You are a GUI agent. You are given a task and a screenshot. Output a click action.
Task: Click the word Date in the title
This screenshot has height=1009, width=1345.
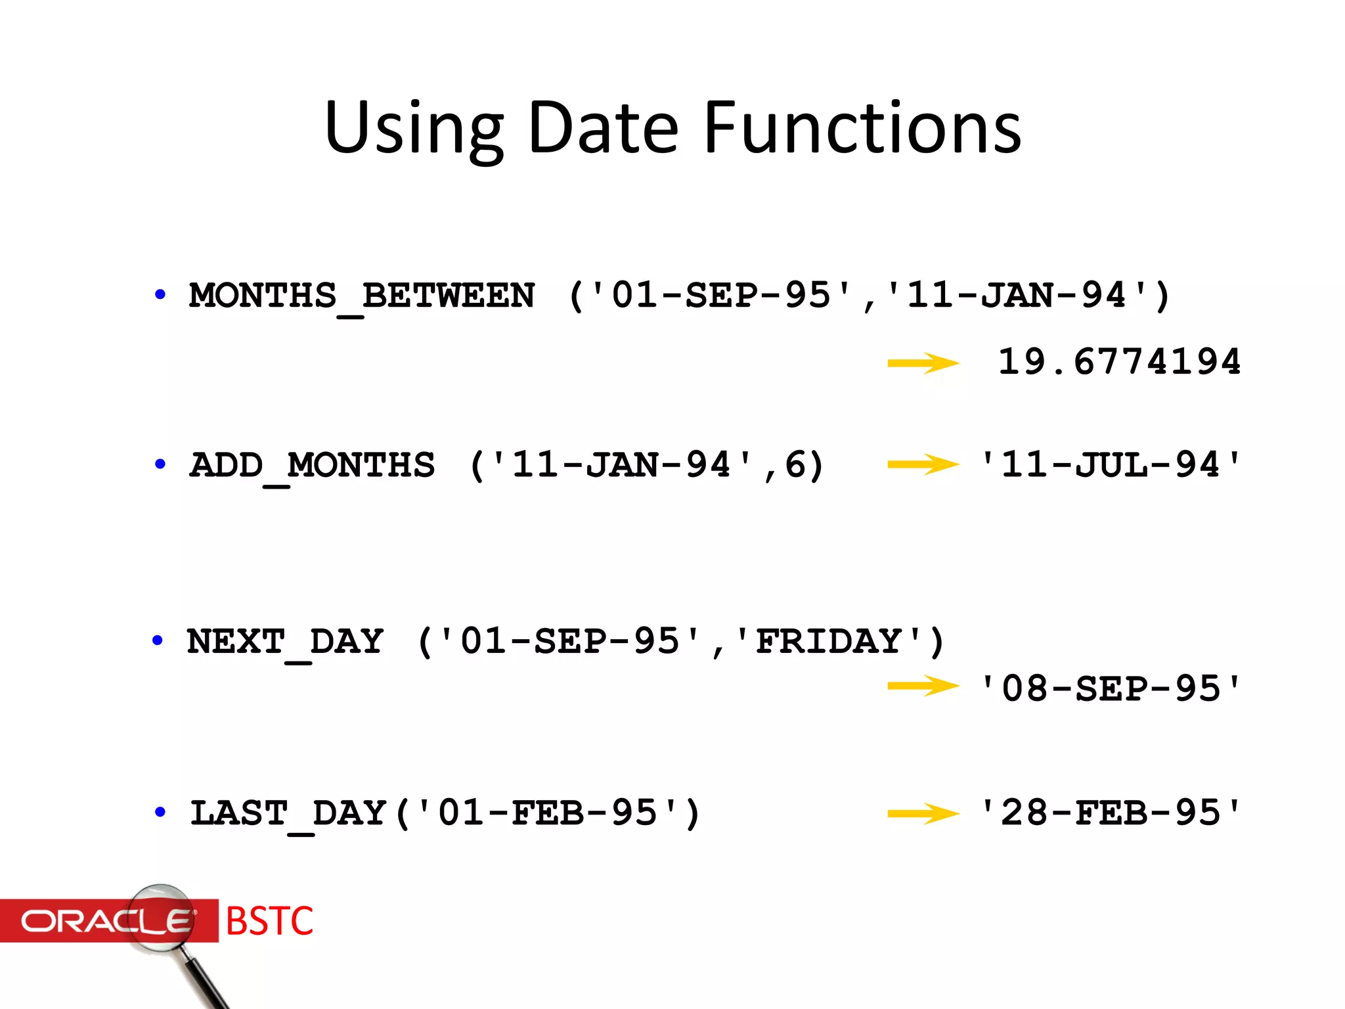click(602, 128)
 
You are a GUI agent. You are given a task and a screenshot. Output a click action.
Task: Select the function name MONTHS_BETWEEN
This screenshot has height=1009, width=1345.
click(362, 296)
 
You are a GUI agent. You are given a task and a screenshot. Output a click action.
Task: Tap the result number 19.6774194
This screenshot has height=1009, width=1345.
click(1119, 362)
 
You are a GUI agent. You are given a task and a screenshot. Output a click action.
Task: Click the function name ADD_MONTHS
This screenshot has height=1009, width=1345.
click(312, 465)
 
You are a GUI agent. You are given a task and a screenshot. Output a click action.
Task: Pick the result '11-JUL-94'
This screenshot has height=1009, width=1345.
click(1110, 465)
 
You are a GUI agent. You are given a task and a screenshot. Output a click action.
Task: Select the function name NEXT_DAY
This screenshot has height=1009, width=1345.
click(285, 641)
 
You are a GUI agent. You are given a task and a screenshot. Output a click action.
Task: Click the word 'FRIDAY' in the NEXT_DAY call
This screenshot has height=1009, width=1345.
click(829, 641)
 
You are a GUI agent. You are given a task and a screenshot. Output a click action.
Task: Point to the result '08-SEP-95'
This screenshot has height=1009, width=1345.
click(1110, 688)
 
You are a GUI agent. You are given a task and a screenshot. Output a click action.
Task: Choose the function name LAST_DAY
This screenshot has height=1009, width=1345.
click(288, 813)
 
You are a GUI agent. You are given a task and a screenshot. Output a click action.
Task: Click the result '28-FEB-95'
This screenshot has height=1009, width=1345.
click(1110, 813)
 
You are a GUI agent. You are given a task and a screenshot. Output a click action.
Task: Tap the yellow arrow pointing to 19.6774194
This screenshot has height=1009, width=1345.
click(923, 363)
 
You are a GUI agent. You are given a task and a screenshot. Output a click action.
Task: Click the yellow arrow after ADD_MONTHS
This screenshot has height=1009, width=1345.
click(923, 465)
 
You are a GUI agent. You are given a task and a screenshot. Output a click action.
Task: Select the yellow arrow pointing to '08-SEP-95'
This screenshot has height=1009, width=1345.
click(923, 686)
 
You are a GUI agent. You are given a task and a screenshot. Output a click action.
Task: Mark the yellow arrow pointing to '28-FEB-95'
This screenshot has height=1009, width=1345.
click(923, 814)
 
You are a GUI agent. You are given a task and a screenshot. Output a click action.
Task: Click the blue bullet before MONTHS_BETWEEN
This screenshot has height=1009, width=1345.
click(160, 294)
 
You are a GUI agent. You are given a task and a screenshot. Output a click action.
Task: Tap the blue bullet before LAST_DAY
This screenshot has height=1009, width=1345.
click(160, 812)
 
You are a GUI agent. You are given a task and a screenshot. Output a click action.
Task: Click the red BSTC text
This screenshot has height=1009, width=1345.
click(269, 921)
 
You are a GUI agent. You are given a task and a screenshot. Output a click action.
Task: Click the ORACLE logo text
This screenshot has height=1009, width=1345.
click(105, 921)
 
